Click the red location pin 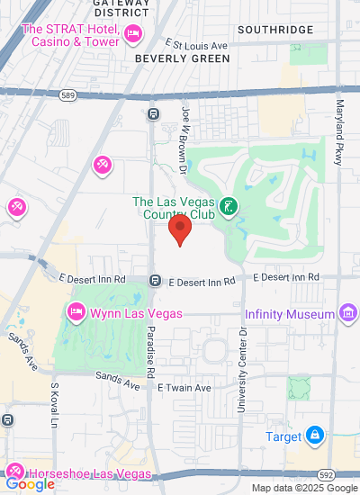point(181,229)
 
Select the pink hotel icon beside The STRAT point(134,34)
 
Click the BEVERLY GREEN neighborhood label point(182,58)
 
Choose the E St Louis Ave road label point(210,43)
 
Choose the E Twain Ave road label point(184,387)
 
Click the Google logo point(29,484)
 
